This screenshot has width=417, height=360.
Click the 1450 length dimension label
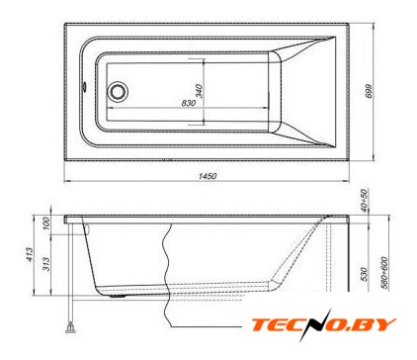point(208,176)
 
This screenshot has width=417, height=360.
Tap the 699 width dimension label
point(369,91)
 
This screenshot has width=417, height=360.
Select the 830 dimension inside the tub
point(189,103)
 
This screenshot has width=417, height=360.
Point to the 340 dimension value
point(199,91)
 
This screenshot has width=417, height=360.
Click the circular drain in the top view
point(118,91)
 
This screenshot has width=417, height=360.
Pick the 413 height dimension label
point(30,255)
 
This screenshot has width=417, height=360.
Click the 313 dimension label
point(46,264)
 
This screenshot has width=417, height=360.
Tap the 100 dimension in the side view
point(46,224)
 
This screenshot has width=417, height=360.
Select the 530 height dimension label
point(364,274)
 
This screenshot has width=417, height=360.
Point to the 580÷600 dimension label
point(384,273)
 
